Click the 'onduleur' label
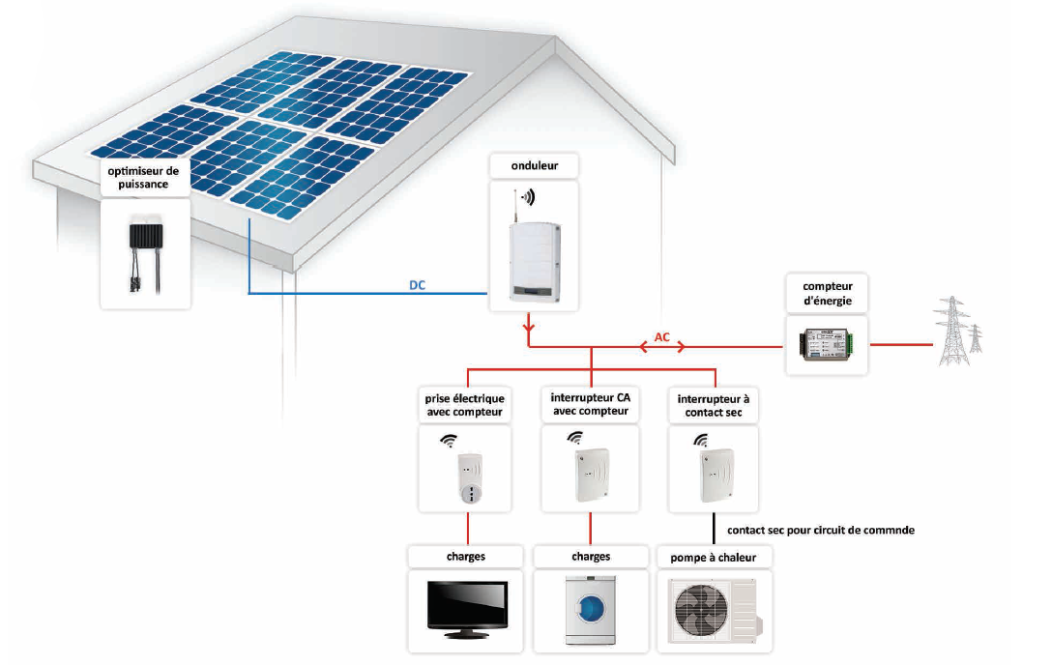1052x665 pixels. click(534, 166)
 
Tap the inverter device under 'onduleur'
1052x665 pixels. click(531, 259)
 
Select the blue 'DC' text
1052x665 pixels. click(418, 285)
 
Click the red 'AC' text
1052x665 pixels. click(662, 337)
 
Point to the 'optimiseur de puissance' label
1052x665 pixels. click(145, 178)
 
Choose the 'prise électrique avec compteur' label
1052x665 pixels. click(465, 405)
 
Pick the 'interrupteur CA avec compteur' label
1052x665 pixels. click(590, 405)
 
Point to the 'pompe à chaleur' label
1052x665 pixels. click(714, 558)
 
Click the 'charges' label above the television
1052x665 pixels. click(466, 557)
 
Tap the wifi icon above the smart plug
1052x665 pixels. click(449, 441)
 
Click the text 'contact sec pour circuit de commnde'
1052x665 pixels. click(820, 530)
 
